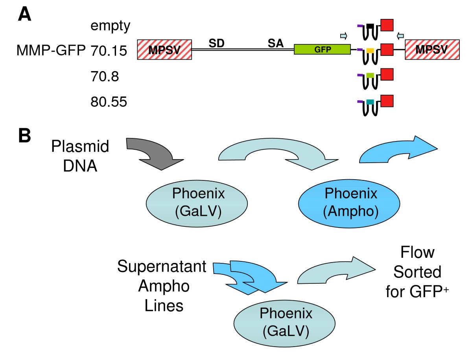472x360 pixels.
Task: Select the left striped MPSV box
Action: [164, 50]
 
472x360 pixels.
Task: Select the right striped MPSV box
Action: [432, 50]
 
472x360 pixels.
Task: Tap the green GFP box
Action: [322, 50]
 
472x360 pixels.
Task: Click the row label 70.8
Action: [104, 77]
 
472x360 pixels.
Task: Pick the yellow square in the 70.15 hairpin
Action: [370, 50]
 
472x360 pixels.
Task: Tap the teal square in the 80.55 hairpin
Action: [370, 102]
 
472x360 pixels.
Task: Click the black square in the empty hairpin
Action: [370, 26]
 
